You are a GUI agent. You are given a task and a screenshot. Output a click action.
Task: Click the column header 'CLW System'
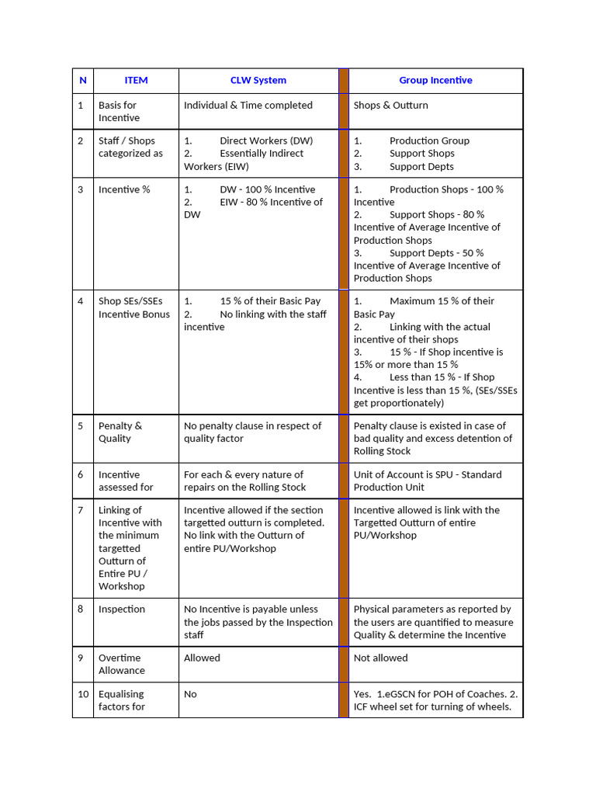pos(258,81)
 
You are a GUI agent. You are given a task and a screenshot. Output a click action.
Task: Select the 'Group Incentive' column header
pos(435,81)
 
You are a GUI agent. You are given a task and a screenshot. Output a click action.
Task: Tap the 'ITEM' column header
pos(136,81)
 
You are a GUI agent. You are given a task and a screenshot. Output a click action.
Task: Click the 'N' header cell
pos(82,81)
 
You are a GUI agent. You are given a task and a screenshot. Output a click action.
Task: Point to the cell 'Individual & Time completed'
pos(248,106)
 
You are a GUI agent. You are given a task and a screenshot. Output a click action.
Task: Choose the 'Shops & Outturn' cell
pos(390,106)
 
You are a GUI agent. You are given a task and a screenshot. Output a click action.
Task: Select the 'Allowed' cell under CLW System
pos(202,658)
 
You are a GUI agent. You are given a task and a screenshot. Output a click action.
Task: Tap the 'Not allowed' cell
pos(380,658)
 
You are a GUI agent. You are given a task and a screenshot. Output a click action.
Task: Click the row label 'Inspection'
pos(121,609)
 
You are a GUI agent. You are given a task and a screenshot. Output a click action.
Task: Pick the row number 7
pos(81,511)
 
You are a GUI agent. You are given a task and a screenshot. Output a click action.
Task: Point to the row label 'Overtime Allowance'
pos(121,665)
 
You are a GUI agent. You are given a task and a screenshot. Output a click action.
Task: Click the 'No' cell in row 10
pos(190,695)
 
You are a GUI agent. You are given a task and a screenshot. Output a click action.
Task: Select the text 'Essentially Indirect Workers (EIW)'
pos(233,160)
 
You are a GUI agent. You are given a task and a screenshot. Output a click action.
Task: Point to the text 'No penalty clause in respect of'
pos(252,426)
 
